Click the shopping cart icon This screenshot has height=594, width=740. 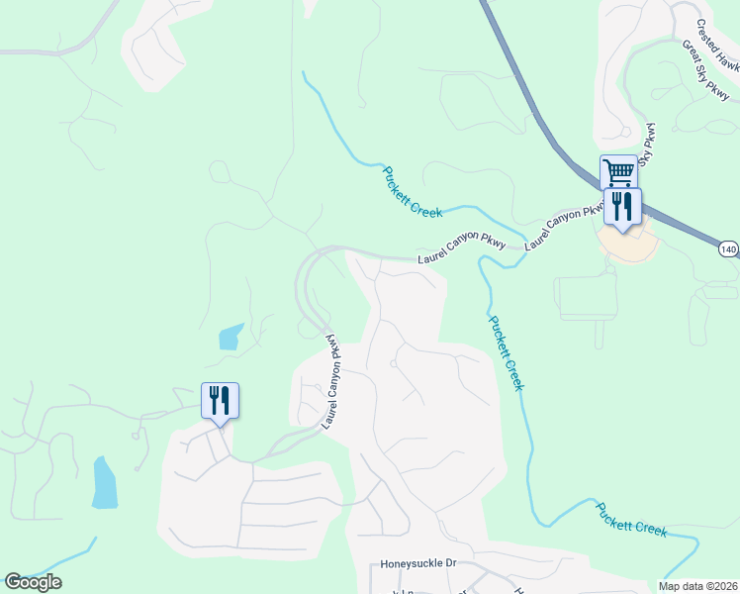click(618, 172)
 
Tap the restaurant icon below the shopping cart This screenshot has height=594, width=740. click(622, 206)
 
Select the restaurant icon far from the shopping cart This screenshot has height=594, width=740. click(220, 400)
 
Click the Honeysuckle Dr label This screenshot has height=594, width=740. click(418, 564)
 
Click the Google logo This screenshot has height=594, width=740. click(34, 582)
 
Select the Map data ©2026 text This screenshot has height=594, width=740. click(697, 586)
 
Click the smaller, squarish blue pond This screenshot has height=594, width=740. click(230, 337)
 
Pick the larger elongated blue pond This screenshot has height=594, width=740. click(104, 482)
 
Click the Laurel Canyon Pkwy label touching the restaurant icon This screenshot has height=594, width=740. click(565, 225)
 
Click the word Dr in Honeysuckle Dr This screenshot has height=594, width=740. click(449, 564)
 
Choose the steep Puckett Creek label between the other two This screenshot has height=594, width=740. click(505, 352)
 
